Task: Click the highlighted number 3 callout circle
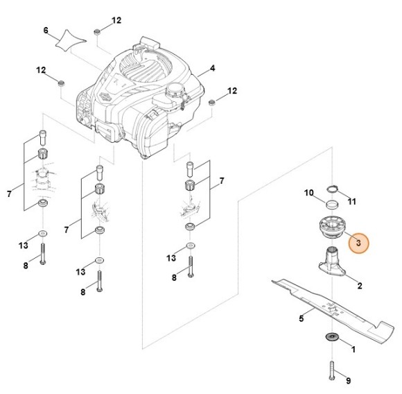[x=359, y=244]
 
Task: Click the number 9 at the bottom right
[x=348, y=380]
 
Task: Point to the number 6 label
[x=46, y=31]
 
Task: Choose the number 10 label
[x=309, y=192]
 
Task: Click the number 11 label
[x=351, y=202]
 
